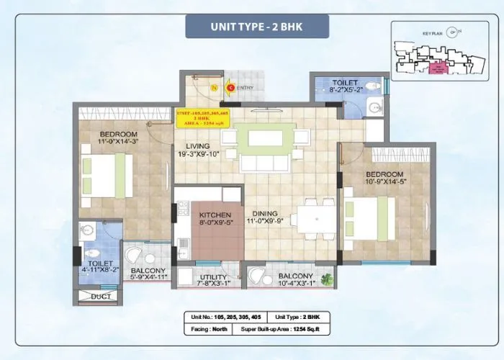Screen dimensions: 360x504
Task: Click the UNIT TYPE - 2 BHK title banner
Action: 257,27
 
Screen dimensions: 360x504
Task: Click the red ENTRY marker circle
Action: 230,88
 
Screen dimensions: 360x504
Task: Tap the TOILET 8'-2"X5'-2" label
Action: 349,87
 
